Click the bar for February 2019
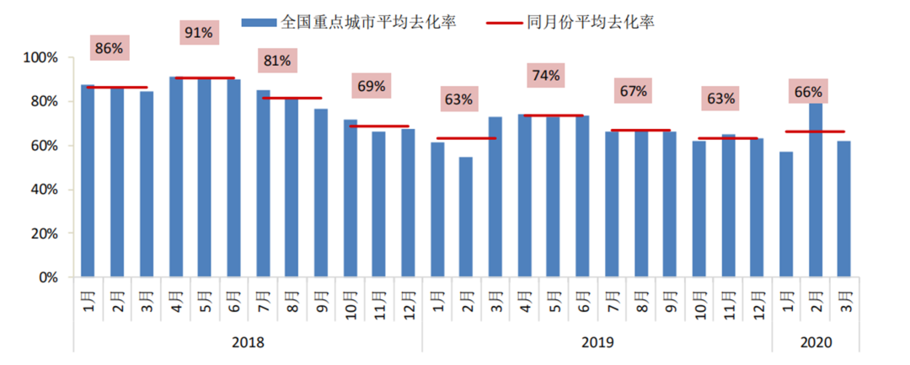click(466, 217)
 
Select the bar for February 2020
click(816, 190)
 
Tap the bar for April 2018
click(176, 177)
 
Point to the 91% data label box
click(197, 33)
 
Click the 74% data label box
click(546, 75)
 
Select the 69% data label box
click(371, 85)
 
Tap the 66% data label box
click(808, 91)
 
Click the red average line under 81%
click(292, 98)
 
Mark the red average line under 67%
click(640, 131)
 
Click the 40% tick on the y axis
click(43, 190)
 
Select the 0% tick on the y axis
click(47, 277)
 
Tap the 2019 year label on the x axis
click(597, 343)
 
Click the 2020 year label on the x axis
click(816, 343)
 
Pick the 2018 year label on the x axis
click(248, 343)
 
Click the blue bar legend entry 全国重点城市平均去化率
click(349, 22)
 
